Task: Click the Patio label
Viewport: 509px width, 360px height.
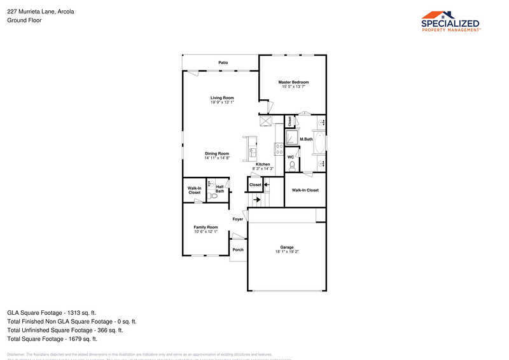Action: coord(223,63)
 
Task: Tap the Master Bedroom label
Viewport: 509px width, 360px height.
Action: coord(294,82)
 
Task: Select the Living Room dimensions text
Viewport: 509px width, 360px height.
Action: coord(223,102)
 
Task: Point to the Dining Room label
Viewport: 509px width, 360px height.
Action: coord(217,153)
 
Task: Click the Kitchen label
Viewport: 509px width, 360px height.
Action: coord(263,164)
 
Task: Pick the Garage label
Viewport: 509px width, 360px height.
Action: coord(287,247)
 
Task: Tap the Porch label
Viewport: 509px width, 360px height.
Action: coord(238,249)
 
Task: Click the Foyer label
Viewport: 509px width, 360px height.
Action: coord(238,219)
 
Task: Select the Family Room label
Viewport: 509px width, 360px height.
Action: coord(206,227)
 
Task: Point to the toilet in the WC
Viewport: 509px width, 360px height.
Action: coord(291,165)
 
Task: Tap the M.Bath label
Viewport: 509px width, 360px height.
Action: coord(306,139)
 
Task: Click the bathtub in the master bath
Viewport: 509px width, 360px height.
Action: coord(320,144)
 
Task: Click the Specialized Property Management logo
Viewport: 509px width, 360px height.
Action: coord(451,21)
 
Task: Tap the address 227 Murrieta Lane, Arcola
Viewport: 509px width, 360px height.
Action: coord(41,11)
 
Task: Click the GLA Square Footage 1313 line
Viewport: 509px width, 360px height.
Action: coord(52,313)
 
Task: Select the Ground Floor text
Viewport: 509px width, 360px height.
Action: coord(24,20)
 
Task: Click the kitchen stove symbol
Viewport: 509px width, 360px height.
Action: coord(279,149)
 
